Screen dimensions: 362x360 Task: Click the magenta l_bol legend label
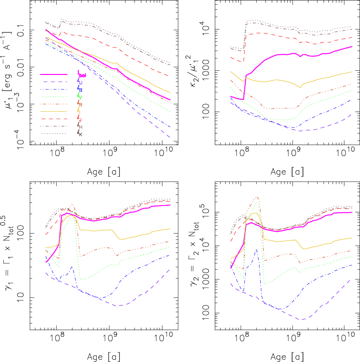tap(84, 75)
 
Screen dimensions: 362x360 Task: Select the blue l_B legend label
tap(80, 90)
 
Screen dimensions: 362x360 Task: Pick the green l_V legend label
tap(80, 97)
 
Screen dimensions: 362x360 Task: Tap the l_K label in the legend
tap(80, 134)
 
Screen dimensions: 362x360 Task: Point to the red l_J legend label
tap(80, 119)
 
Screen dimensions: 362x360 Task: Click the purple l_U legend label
tap(80, 82)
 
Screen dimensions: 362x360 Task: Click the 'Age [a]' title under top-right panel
tap(284, 171)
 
